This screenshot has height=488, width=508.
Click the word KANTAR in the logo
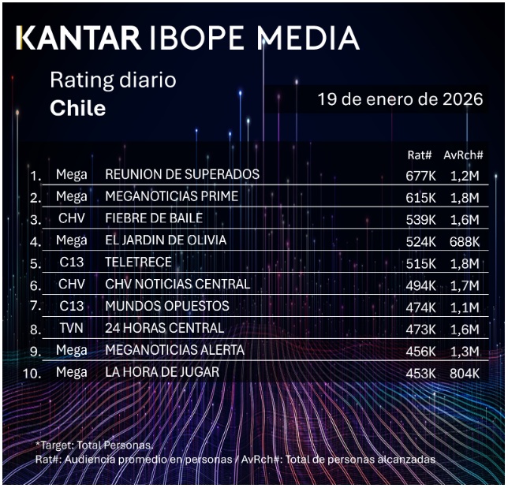coord(78,39)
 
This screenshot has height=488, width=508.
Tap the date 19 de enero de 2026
coord(400,100)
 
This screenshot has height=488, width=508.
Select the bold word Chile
coord(77,108)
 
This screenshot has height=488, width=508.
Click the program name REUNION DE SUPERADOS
coord(182,174)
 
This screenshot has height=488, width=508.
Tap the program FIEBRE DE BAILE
coord(154,218)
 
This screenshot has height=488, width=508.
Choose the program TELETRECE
coord(138,262)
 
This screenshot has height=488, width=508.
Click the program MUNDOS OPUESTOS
coord(167,306)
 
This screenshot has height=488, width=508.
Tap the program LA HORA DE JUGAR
coord(162,371)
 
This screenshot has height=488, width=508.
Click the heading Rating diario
coord(113,80)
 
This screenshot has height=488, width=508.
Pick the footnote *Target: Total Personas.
coord(95,445)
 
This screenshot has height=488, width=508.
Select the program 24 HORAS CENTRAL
coord(164,328)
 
